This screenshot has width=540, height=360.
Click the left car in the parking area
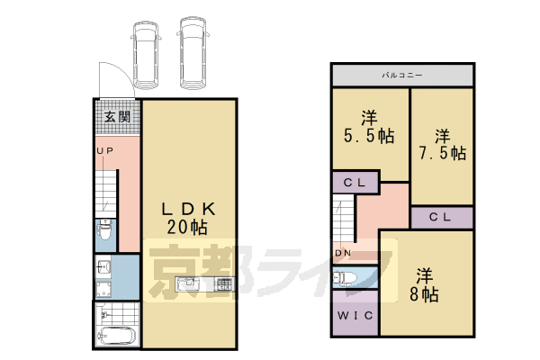[145, 53]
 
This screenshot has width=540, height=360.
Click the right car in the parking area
[193, 53]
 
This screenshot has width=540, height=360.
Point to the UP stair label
[104, 151]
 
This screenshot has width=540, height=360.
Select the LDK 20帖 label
[188, 218]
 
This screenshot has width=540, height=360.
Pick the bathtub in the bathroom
[116, 338]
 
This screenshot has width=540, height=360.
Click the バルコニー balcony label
[402, 75]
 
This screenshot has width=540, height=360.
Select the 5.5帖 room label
[366, 127]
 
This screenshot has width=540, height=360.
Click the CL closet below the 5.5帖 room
[354, 183]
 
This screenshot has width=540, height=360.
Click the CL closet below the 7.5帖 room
[441, 217]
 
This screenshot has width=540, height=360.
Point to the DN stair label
[343, 254]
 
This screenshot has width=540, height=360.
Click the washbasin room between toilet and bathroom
[115, 276]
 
